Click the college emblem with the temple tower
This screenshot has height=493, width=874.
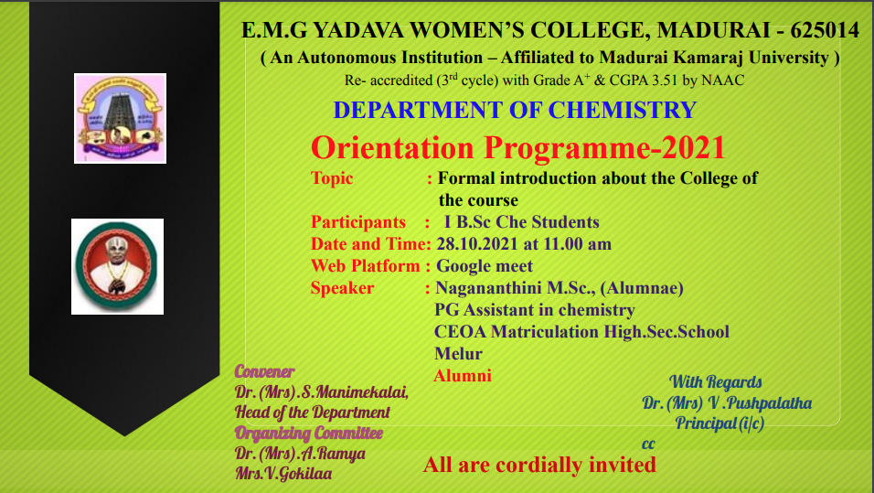(x=120, y=118)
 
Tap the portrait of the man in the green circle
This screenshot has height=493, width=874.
(x=117, y=266)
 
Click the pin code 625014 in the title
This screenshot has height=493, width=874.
(x=825, y=30)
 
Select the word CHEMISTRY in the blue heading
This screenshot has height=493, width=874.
(x=623, y=110)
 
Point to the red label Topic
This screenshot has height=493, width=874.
(x=332, y=178)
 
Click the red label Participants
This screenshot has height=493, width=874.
(x=357, y=222)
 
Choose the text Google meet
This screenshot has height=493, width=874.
(x=485, y=266)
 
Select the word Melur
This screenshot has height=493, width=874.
(x=458, y=354)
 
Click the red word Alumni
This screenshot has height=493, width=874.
(x=462, y=375)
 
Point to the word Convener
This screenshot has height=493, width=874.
(x=264, y=371)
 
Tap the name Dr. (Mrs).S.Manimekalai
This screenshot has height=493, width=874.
(x=322, y=392)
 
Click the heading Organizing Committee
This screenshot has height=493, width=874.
(x=309, y=433)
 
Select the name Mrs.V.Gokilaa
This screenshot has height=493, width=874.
(x=283, y=474)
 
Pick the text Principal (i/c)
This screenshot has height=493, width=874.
(x=719, y=423)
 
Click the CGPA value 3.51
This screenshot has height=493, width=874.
(x=663, y=80)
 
